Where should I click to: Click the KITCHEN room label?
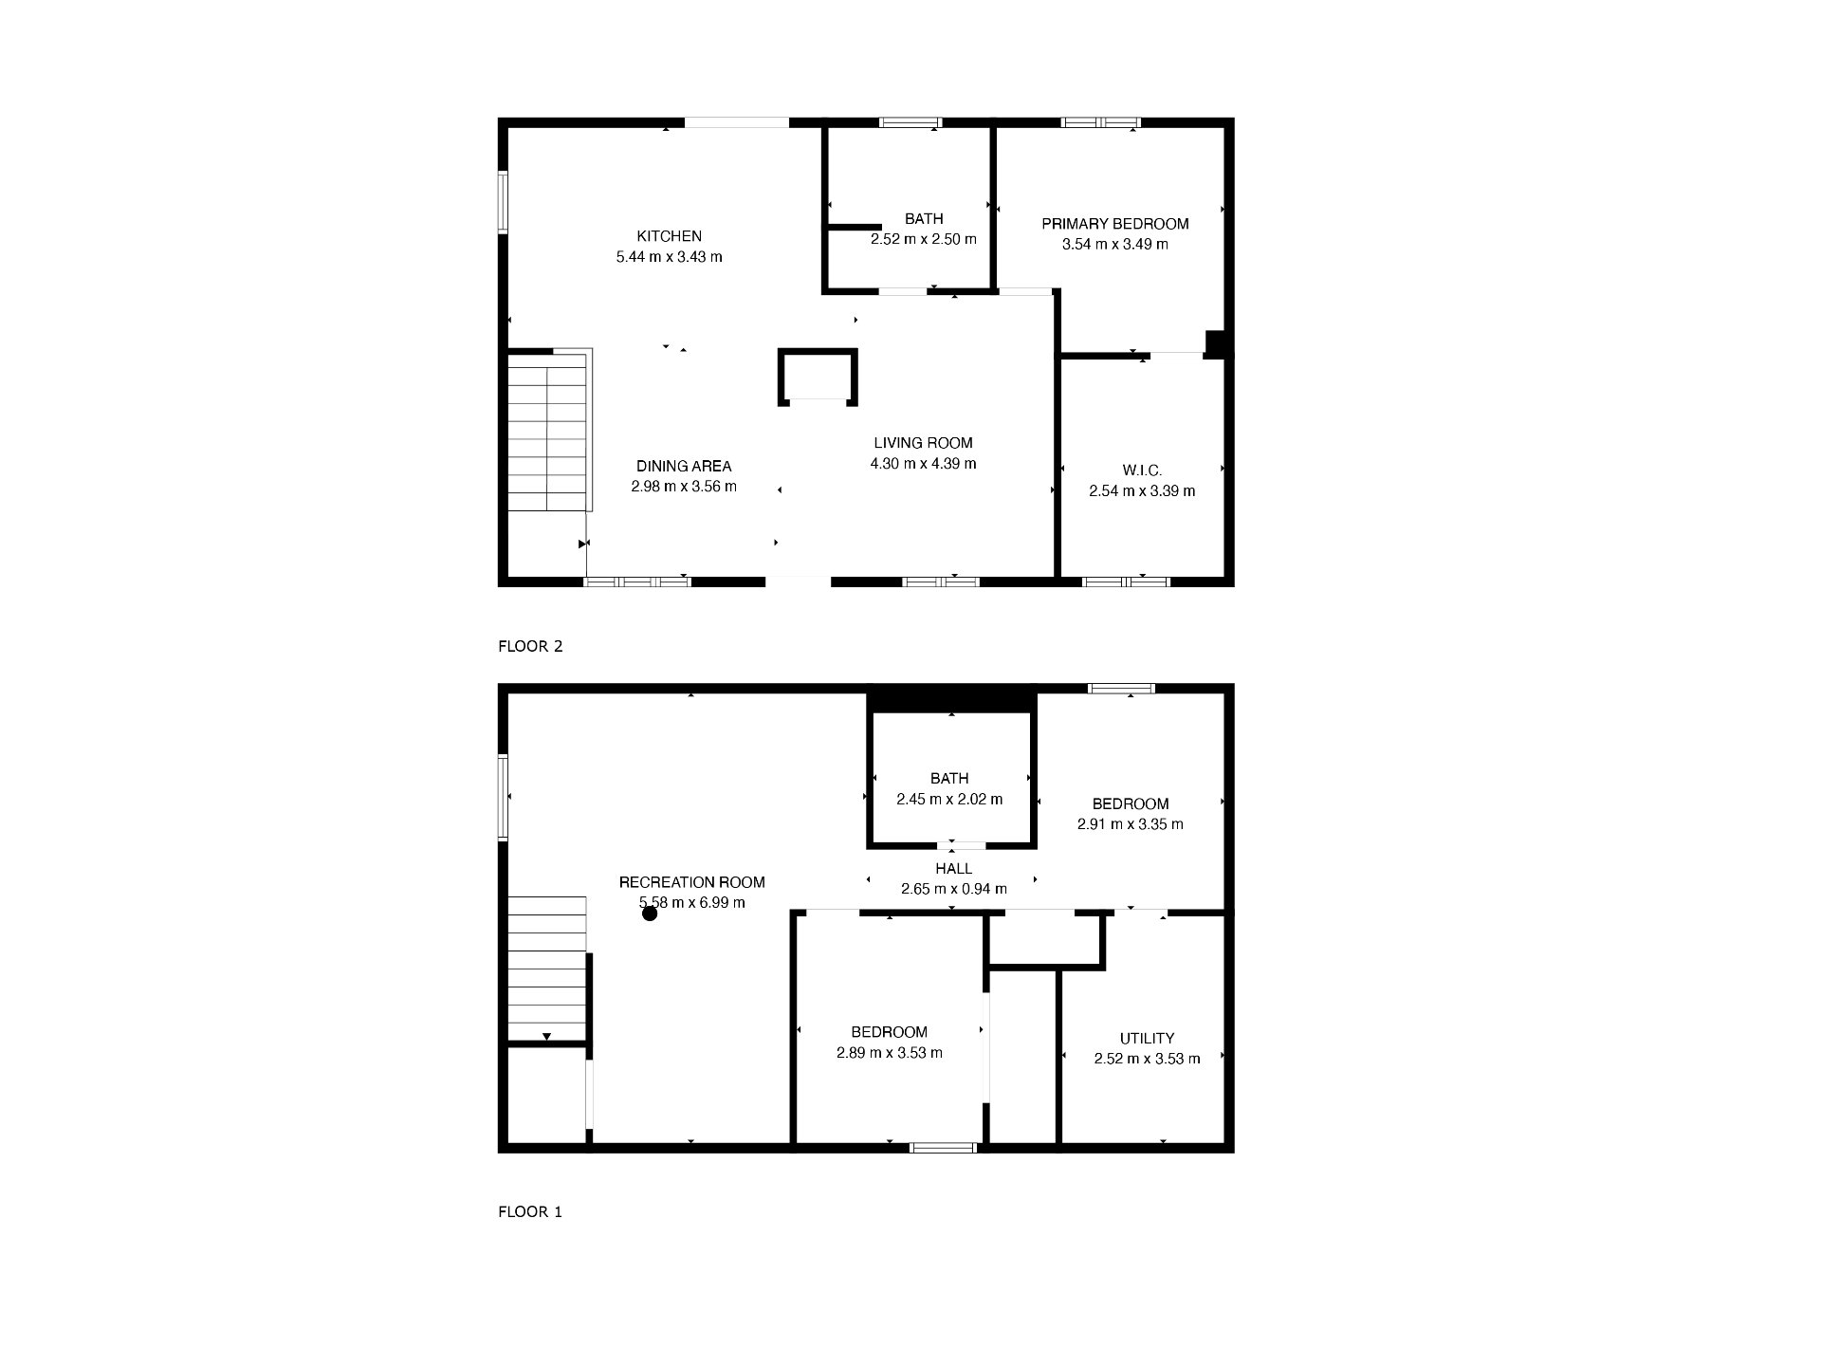coord(669,236)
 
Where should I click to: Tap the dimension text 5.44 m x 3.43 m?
coord(669,257)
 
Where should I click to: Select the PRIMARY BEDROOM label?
coord(1115,224)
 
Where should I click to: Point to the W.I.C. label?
coord(1142,471)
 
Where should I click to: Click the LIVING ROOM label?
coord(923,443)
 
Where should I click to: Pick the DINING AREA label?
coord(684,467)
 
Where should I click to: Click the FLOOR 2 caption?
coord(530,647)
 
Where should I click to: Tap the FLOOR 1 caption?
coord(530,1212)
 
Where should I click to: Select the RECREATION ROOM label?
coord(691,882)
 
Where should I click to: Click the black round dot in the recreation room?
coord(650,914)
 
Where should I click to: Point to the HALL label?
coord(953,869)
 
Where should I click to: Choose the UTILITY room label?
coord(1147,1039)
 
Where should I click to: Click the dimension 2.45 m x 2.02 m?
coord(949,800)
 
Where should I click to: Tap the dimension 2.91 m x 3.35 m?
coord(1130,824)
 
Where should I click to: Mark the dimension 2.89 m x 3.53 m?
coord(889,1053)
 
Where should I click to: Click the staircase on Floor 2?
coord(548,432)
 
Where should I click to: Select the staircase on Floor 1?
coord(547,969)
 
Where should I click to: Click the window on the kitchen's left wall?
coord(504,201)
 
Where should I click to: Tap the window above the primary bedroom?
coord(1100,122)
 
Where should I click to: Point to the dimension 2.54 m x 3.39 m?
coord(1142,491)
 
